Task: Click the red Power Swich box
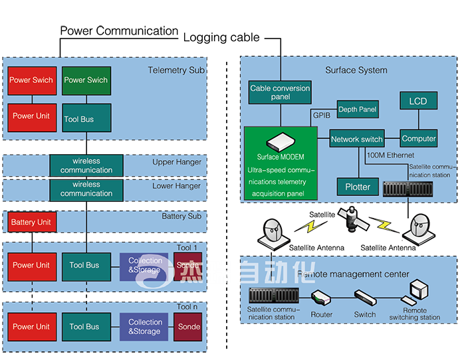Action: tap(31, 80)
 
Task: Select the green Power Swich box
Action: tap(85, 80)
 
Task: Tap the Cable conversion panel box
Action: tap(279, 92)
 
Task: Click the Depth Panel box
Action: tap(358, 109)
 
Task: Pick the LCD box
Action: tap(418, 101)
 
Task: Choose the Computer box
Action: tap(418, 139)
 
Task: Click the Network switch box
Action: tap(357, 139)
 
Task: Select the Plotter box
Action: tap(358, 187)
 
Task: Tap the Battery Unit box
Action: tap(31, 222)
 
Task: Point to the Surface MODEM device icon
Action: tap(281, 141)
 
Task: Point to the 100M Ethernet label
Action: tap(390, 155)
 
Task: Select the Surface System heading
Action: tap(356, 70)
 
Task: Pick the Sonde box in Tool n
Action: tap(188, 326)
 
